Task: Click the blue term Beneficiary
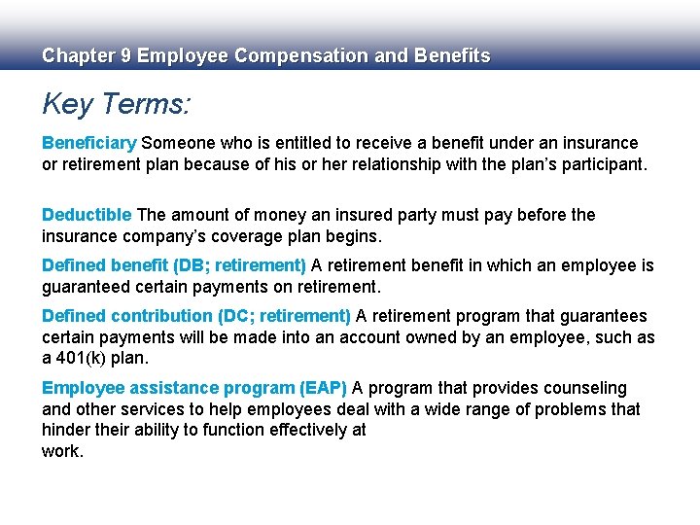89,143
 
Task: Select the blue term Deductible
87,215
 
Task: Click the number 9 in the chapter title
124,56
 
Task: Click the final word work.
62,451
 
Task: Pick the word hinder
64,430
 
